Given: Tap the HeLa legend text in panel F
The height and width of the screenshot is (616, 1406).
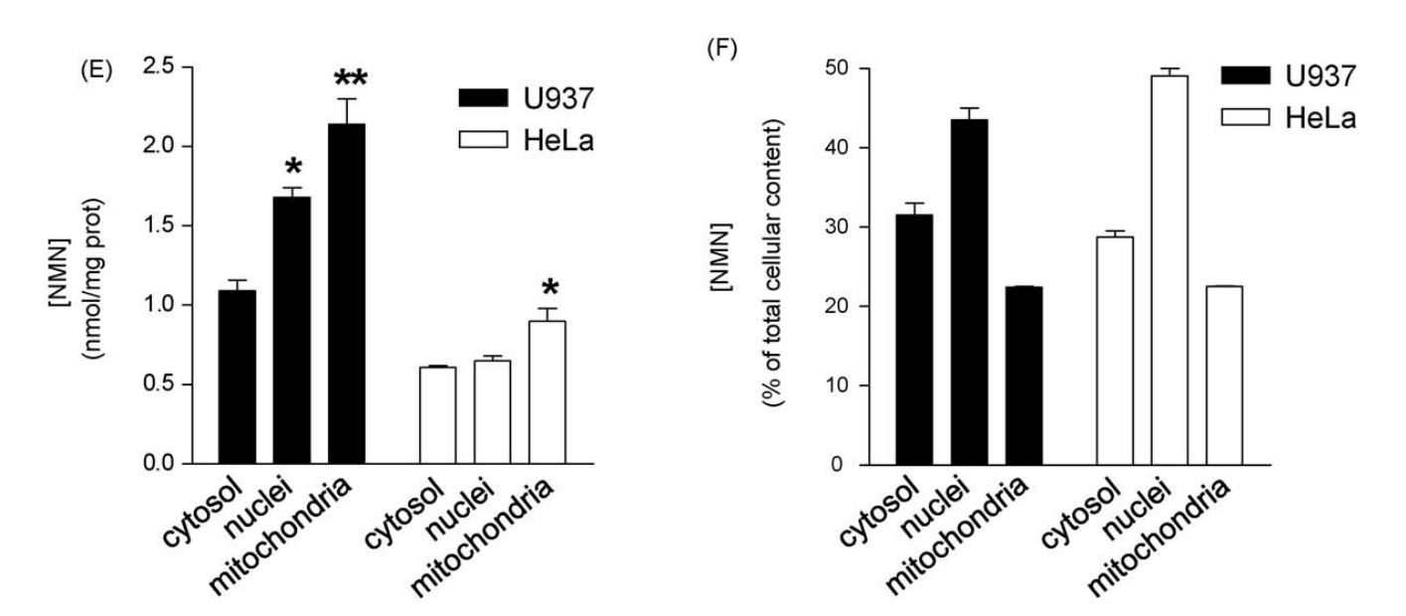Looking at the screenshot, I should [x=1323, y=119].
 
